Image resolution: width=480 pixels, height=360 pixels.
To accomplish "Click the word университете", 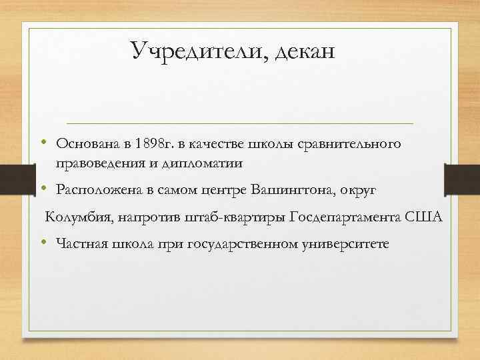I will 347,245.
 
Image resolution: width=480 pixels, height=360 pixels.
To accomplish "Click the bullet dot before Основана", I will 42,143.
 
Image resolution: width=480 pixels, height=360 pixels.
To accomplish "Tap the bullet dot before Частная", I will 42,244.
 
